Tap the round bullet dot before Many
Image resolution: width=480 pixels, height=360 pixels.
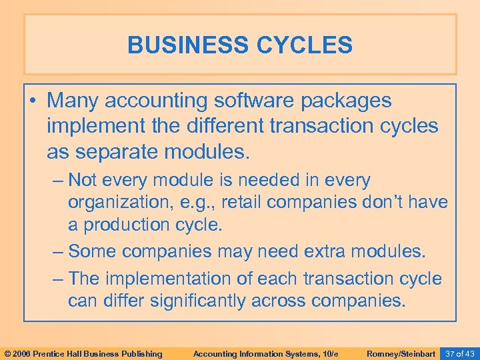tap(37, 102)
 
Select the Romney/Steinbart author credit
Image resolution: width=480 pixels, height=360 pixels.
tap(401, 353)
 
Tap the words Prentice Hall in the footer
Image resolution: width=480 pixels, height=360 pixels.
tap(69, 353)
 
